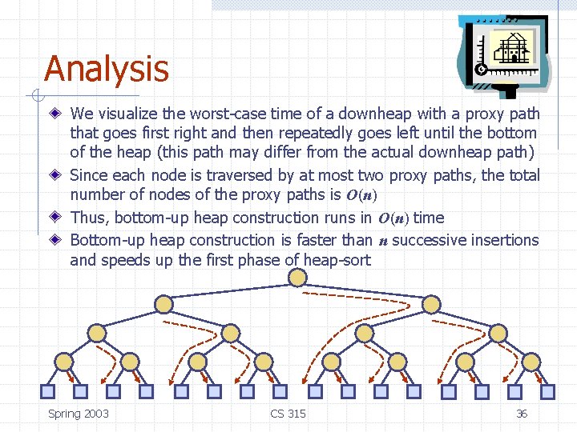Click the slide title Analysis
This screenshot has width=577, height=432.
click(107, 69)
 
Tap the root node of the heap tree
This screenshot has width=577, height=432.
click(297, 278)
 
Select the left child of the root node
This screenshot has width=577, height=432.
click(163, 304)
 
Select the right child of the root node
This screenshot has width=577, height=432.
click(431, 304)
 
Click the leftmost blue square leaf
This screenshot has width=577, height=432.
click(46, 391)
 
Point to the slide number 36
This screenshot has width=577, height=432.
click(521, 414)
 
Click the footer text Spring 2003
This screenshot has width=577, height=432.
click(79, 414)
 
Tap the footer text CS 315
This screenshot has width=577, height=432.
click(288, 414)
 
